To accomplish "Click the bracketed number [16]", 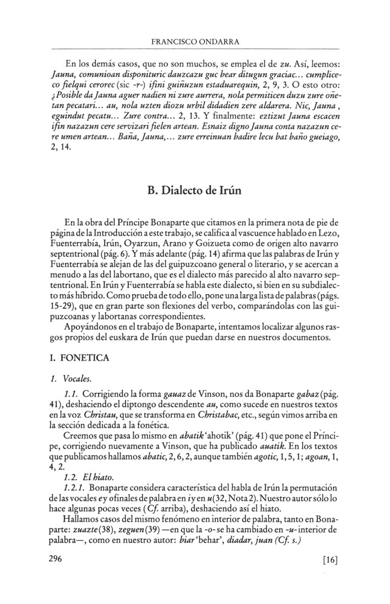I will coord(330,560).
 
